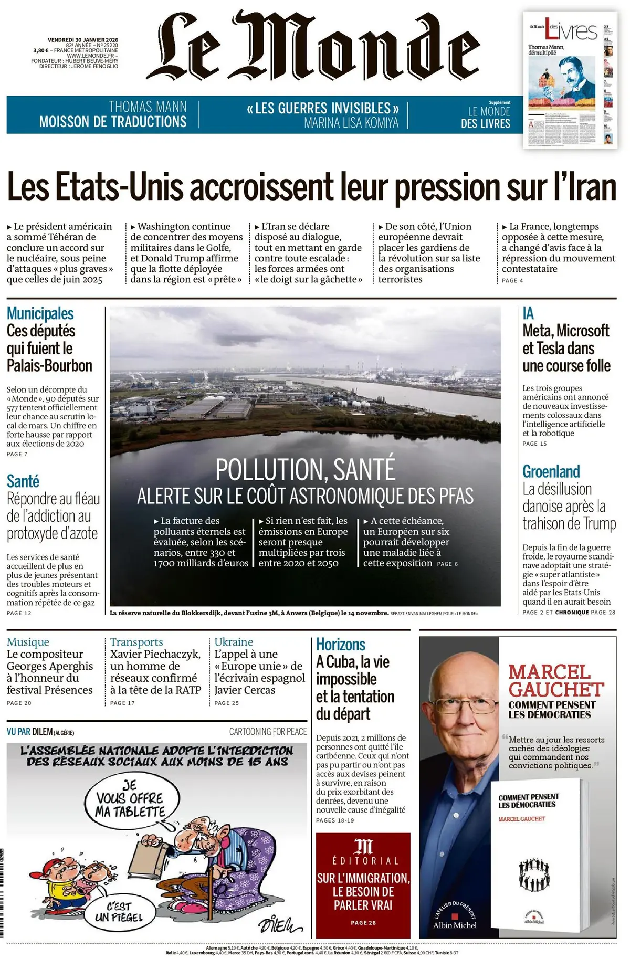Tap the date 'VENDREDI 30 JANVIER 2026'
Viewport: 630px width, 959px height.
[83, 40]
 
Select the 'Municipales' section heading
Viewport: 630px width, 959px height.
[40, 313]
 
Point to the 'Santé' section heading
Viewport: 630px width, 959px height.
[23, 481]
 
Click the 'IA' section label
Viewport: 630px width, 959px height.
[528, 313]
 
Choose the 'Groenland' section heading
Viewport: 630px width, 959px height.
[551, 471]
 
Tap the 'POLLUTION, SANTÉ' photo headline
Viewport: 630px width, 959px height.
[305, 469]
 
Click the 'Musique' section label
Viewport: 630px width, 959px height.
[28, 642]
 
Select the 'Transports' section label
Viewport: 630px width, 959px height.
[136, 642]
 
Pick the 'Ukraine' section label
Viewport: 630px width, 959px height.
[234, 642]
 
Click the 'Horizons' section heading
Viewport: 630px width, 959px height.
[341, 645]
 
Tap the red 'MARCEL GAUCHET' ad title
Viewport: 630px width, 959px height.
[556, 681]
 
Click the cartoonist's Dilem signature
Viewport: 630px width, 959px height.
[280, 923]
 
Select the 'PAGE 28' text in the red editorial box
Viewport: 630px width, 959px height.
[363, 922]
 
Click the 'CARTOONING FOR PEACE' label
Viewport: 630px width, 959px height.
[268, 731]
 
